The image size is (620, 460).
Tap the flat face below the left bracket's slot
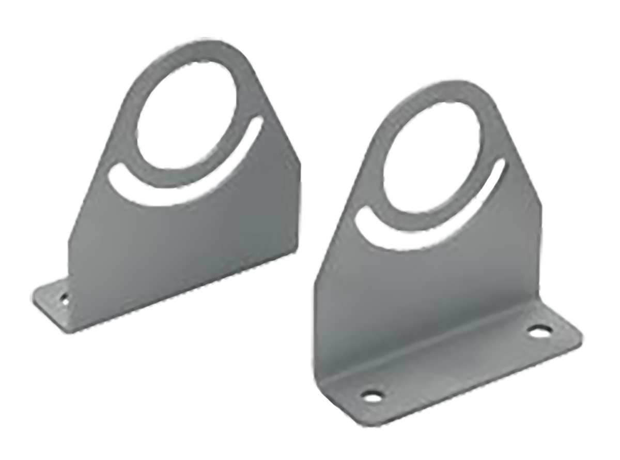pyautogui.click(x=181, y=238)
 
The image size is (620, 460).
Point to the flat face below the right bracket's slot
pyautogui.click(x=424, y=279)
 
